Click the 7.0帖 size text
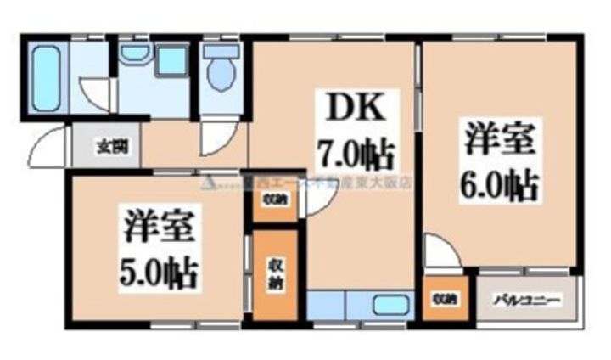(x=355, y=155)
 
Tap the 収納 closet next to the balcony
(x=444, y=299)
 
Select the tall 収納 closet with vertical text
(x=275, y=274)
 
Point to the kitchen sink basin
(x=390, y=304)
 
